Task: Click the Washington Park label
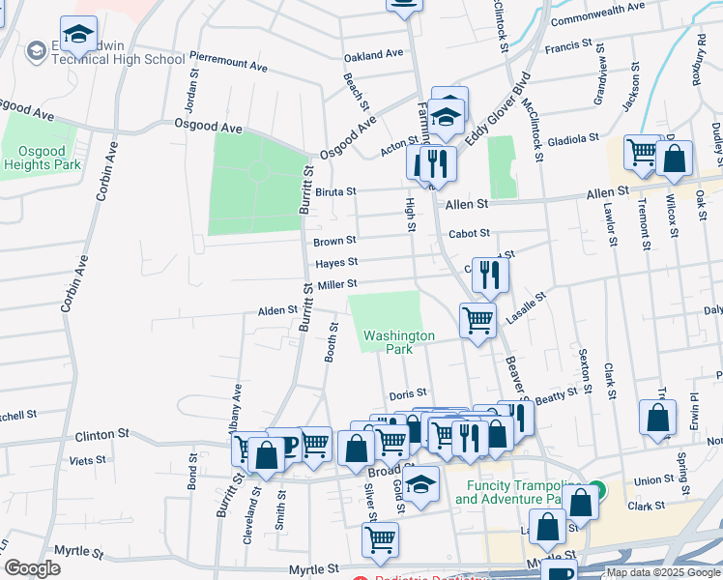[399, 342]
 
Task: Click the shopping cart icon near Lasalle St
[477, 322]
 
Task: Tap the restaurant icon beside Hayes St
[491, 275]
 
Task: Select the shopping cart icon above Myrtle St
[380, 540]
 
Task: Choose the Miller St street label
[338, 284]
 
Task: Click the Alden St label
[275, 311]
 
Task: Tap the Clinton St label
[108, 435]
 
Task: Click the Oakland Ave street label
[373, 54]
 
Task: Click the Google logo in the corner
[32, 568]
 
